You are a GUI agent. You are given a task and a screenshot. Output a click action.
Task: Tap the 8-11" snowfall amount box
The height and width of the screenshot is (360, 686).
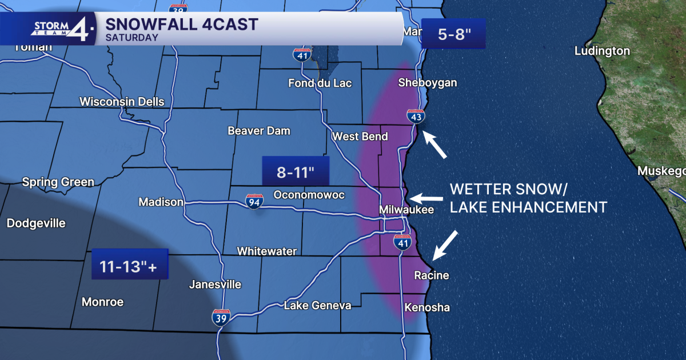pyautogui.click(x=296, y=170)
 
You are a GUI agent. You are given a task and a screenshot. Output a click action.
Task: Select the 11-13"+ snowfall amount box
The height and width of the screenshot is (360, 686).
pyautogui.click(x=129, y=264)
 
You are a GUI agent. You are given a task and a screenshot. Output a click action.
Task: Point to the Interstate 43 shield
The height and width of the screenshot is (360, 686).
pyautogui.click(x=416, y=117)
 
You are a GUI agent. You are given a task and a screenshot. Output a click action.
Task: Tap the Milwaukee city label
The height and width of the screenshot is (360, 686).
pyautogui.click(x=406, y=210)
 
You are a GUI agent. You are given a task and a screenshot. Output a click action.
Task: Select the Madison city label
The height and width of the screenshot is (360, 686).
pyautogui.click(x=161, y=202)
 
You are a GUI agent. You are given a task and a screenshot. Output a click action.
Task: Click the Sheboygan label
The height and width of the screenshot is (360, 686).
pyautogui.click(x=428, y=83)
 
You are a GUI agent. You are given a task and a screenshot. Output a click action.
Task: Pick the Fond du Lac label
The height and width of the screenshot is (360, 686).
pyautogui.click(x=320, y=83)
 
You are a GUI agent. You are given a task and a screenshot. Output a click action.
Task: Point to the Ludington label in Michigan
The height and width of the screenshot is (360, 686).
pyautogui.click(x=602, y=51)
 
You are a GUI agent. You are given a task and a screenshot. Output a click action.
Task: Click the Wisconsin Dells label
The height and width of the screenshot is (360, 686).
pyautogui.click(x=122, y=102)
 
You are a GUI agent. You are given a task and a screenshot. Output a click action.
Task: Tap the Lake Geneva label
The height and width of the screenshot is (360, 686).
pyautogui.click(x=317, y=306)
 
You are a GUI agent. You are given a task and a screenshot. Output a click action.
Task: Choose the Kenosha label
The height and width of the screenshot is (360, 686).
pyautogui.click(x=427, y=308)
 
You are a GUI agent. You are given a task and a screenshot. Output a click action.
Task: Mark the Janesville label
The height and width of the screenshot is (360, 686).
pyautogui.click(x=215, y=285)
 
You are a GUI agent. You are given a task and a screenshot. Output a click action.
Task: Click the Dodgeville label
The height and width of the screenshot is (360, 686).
pyautogui.click(x=36, y=223)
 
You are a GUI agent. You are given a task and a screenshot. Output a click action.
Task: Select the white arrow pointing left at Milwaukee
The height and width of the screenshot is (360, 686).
pyautogui.click(x=426, y=198)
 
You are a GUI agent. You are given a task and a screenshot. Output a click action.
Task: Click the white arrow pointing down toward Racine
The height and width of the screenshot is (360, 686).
pyautogui.click(x=445, y=246)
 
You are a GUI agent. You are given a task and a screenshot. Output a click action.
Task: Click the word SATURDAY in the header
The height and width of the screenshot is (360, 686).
pyautogui.click(x=132, y=38)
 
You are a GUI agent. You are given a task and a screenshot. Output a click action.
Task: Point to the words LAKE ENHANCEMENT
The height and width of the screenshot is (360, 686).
pyautogui.click(x=528, y=207)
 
